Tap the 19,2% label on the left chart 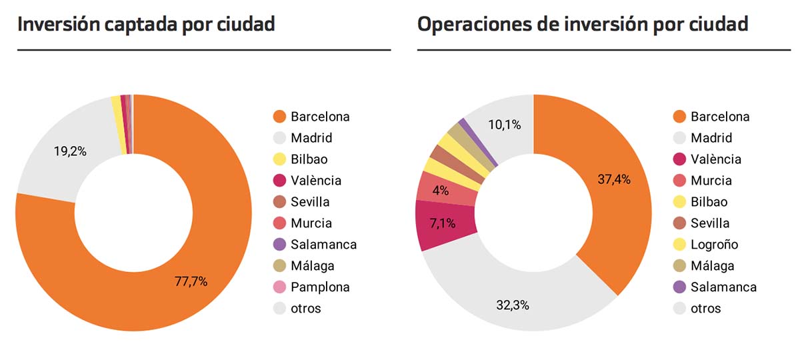click(70, 151)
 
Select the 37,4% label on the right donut click(614, 179)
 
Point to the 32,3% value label click(513, 306)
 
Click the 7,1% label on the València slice click(442, 223)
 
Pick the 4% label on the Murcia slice click(440, 190)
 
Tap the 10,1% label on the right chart click(504, 125)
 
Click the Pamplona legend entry click(320, 287)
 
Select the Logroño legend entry click(714, 245)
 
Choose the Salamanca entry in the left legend click(323, 245)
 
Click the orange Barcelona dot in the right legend click(680, 117)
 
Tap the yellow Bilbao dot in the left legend click(280, 159)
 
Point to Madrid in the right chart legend click(711, 138)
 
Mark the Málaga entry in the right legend click(712, 266)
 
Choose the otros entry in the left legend click(305, 309)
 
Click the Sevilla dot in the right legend click(680, 223)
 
